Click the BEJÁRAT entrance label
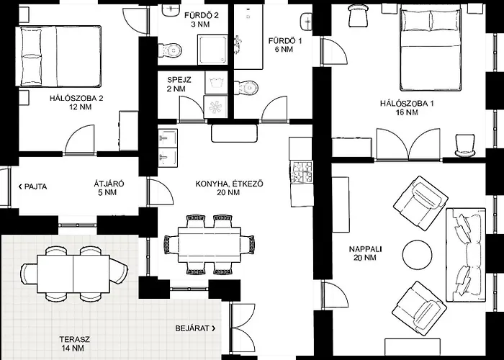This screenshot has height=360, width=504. [x=196, y=328]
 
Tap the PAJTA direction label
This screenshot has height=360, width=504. [x=33, y=186]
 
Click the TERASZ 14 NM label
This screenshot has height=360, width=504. [x=74, y=343]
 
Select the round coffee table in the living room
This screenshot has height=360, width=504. [x=417, y=255]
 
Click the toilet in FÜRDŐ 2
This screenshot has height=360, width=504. [x=170, y=50]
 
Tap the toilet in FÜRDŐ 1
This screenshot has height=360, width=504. [x=246, y=87]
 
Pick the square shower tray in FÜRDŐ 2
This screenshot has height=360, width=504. [x=212, y=49]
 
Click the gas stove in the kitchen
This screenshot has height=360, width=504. [x=302, y=172]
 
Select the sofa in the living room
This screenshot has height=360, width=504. [x=465, y=255]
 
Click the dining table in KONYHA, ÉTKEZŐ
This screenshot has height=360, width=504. [x=210, y=245]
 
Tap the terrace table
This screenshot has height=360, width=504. [x=73, y=274]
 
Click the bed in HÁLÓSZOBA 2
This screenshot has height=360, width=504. [x=58, y=57]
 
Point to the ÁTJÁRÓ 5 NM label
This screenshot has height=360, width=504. [x=109, y=189]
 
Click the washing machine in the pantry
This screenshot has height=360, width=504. [x=216, y=107]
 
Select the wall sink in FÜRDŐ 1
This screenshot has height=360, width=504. [x=306, y=22]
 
